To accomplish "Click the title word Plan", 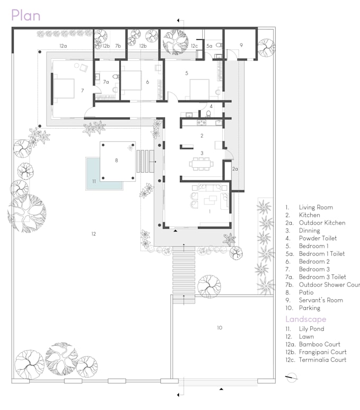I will coord(25,15).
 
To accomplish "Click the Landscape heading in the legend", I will coord(305,319).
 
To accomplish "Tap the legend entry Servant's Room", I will coord(320,300).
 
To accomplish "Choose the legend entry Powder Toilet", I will coord(318,238).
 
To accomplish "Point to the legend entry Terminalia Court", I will coord(322,360).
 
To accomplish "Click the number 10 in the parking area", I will coord(219,328).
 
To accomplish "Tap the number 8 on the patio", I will coord(116,159).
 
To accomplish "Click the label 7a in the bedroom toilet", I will coord(106,82).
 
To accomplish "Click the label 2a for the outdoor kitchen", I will coord(236,168).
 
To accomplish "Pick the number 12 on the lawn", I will coord(93,234).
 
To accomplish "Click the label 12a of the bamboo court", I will coord(63,46).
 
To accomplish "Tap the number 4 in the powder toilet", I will coord(211,106).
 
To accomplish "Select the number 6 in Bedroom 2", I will coord(147,82).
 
